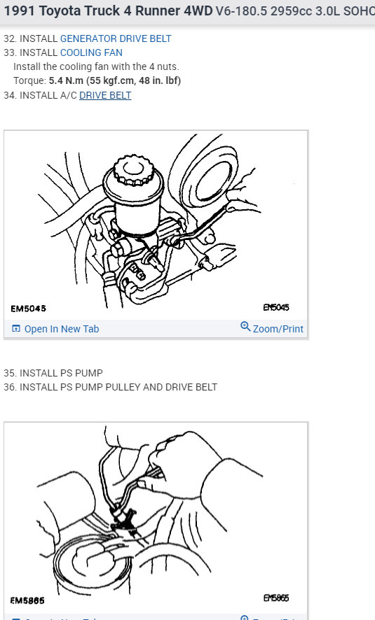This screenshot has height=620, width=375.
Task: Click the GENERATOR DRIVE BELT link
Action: click(x=115, y=38)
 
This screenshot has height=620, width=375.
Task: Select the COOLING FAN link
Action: click(x=91, y=52)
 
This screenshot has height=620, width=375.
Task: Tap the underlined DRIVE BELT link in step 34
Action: click(x=105, y=95)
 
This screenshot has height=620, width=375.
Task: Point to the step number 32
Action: click(x=9, y=38)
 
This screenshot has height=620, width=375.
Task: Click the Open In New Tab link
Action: click(x=62, y=329)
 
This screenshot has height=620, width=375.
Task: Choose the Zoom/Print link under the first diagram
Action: click(x=278, y=329)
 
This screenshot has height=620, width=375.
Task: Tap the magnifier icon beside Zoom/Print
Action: click(x=245, y=327)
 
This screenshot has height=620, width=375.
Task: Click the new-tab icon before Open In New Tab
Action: click(x=16, y=329)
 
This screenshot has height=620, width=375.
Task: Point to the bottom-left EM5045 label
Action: click(x=29, y=309)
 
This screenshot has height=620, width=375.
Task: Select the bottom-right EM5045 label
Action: click(x=275, y=307)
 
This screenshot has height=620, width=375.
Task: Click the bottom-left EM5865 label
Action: click(x=29, y=600)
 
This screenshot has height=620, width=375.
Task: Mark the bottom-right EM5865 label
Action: click(x=275, y=598)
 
